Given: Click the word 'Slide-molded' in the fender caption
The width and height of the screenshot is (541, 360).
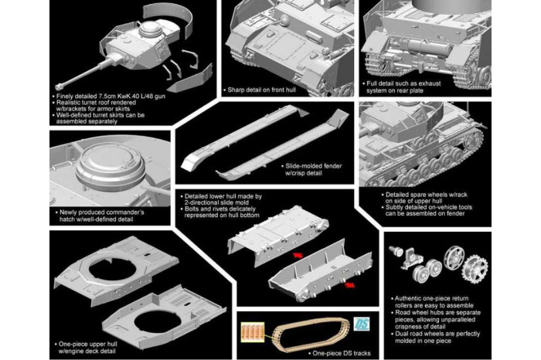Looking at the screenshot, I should tap(305, 165).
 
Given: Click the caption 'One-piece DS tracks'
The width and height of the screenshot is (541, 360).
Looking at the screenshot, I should tap(317, 352).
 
